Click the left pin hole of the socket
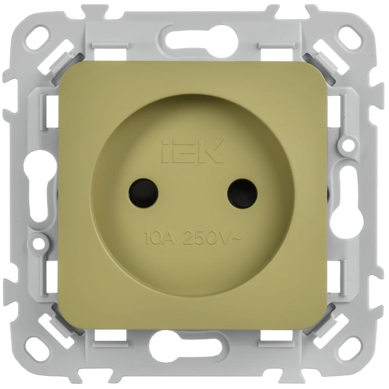click(143, 193)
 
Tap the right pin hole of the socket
click(242, 193)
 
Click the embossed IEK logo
click(193, 151)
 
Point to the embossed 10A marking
click(159, 238)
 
